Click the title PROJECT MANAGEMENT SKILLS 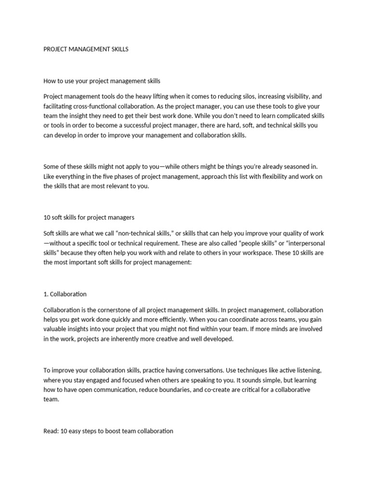click(x=86, y=49)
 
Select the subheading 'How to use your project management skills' click(x=102, y=80)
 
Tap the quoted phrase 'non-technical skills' click(x=147, y=233)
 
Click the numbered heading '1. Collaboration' click(x=65, y=294)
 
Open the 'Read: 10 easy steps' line click(x=108, y=431)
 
